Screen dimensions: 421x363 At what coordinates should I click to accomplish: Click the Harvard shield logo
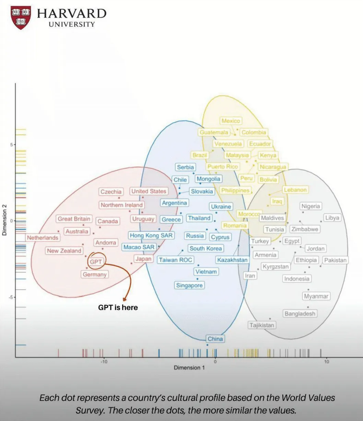pyautogui.click(x=21, y=17)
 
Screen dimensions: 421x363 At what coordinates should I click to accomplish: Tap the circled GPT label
pyautogui.click(x=96, y=262)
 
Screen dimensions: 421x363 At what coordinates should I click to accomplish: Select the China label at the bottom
pyautogui.click(x=215, y=339)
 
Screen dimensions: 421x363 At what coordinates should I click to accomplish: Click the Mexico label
pyautogui.click(x=231, y=121)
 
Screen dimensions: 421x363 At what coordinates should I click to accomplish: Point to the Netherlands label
pyautogui.click(x=43, y=238)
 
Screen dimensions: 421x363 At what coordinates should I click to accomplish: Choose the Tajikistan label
pyautogui.click(x=262, y=325)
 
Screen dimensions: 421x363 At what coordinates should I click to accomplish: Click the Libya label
pyautogui.click(x=332, y=218)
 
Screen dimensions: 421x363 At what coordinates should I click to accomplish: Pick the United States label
pyautogui.click(x=149, y=191)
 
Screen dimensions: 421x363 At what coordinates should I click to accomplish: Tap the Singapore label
pyautogui.click(x=189, y=285)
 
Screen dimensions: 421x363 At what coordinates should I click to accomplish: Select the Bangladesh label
pyautogui.click(x=300, y=314)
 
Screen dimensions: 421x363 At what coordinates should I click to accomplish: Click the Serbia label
pyautogui.click(x=185, y=167)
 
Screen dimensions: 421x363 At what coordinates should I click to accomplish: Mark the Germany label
pyautogui.click(x=95, y=275)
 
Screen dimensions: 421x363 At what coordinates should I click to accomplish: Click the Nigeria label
pyautogui.click(x=311, y=206)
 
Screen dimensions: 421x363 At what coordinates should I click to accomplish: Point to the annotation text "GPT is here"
pyautogui.click(x=118, y=308)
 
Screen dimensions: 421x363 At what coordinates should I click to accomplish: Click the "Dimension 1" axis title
pyautogui.click(x=189, y=368)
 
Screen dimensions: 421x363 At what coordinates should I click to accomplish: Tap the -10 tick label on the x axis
pyautogui.click(x=104, y=362)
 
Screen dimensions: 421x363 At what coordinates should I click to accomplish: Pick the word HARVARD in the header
pyautogui.click(x=72, y=13)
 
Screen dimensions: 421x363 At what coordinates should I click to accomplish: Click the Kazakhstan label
pyautogui.click(x=232, y=260)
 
